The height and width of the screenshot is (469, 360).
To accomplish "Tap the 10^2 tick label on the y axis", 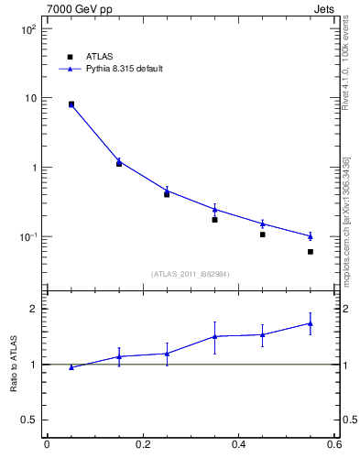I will [x=28, y=29].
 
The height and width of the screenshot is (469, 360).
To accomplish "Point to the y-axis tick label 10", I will [x=30, y=98].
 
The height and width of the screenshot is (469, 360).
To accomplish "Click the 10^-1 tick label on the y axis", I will [x=27, y=237].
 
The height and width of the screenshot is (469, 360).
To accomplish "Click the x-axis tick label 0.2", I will [x=142, y=445].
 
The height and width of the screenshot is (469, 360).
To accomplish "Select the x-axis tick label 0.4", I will [x=238, y=445].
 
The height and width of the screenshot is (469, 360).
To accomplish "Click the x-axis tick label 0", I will [x=46, y=445].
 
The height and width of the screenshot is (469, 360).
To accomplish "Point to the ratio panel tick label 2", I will [x=35, y=309].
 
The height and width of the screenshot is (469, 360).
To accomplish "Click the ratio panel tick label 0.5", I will [x=30, y=420].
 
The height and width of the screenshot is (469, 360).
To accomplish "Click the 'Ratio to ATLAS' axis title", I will [x=14, y=365].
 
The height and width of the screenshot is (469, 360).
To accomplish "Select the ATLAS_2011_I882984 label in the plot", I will [x=191, y=273].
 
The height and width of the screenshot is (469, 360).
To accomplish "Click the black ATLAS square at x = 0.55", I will [x=311, y=252].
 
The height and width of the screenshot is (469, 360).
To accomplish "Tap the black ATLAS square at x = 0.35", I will [x=214, y=220].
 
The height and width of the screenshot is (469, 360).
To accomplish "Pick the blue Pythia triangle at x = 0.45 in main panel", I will [x=263, y=224].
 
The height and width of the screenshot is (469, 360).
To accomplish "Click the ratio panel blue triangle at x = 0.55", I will [x=311, y=323].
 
